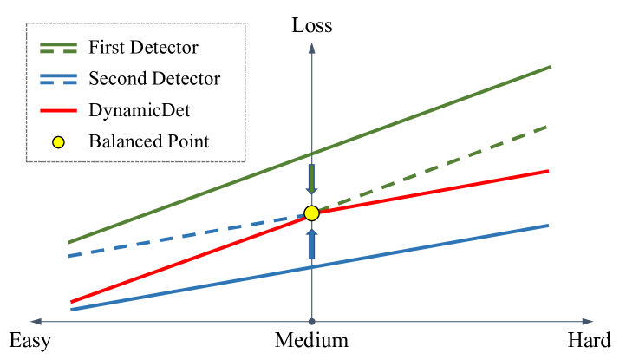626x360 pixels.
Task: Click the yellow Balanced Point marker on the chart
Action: click(x=311, y=213)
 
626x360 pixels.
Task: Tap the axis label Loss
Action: click(x=311, y=25)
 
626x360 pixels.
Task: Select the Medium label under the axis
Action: click(x=311, y=340)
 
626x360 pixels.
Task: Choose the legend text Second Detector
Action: click(x=154, y=79)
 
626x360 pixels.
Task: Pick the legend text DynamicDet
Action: click(x=140, y=110)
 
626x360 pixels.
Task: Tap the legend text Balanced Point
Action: click(x=148, y=141)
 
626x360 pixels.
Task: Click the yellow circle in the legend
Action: click(x=58, y=141)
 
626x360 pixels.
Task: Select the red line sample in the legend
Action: click(x=58, y=110)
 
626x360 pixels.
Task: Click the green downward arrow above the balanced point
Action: click(x=311, y=179)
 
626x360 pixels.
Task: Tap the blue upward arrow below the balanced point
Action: click(x=311, y=245)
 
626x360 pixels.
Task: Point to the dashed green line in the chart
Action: click(x=434, y=169)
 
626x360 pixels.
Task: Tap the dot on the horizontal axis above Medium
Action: click(x=311, y=320)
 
